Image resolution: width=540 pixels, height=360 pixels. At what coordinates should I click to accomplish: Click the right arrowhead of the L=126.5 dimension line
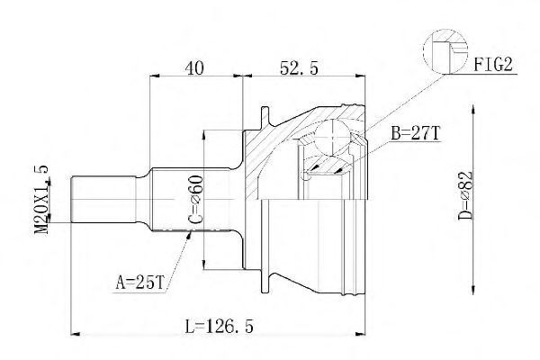coord(363,333)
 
